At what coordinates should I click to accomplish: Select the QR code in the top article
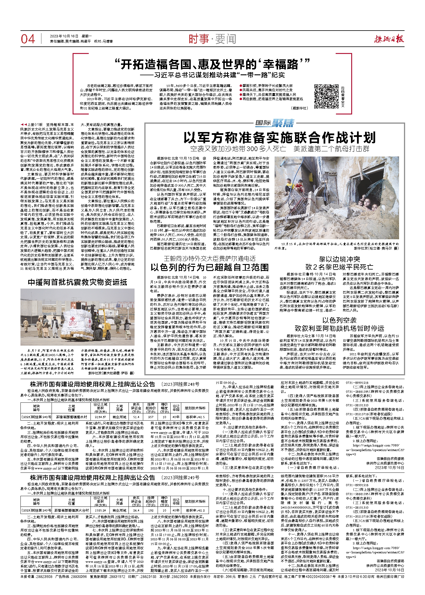pyautogui.click(x=326, y=96)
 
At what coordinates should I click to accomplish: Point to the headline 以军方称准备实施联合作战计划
pyautogui.click(x=279, y=138)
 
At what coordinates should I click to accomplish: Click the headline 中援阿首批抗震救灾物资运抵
pyautogui.click(x=77, y=282)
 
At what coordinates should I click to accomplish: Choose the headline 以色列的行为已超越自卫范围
pyautogui.click(x=209, y=267)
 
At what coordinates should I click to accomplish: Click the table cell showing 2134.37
pyautogui.click(x=100, y=417)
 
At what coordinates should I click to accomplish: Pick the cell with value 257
pyautogui.click(x=151, y=417)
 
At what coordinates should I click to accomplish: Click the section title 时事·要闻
pyautogui.click(x=212, y=39)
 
